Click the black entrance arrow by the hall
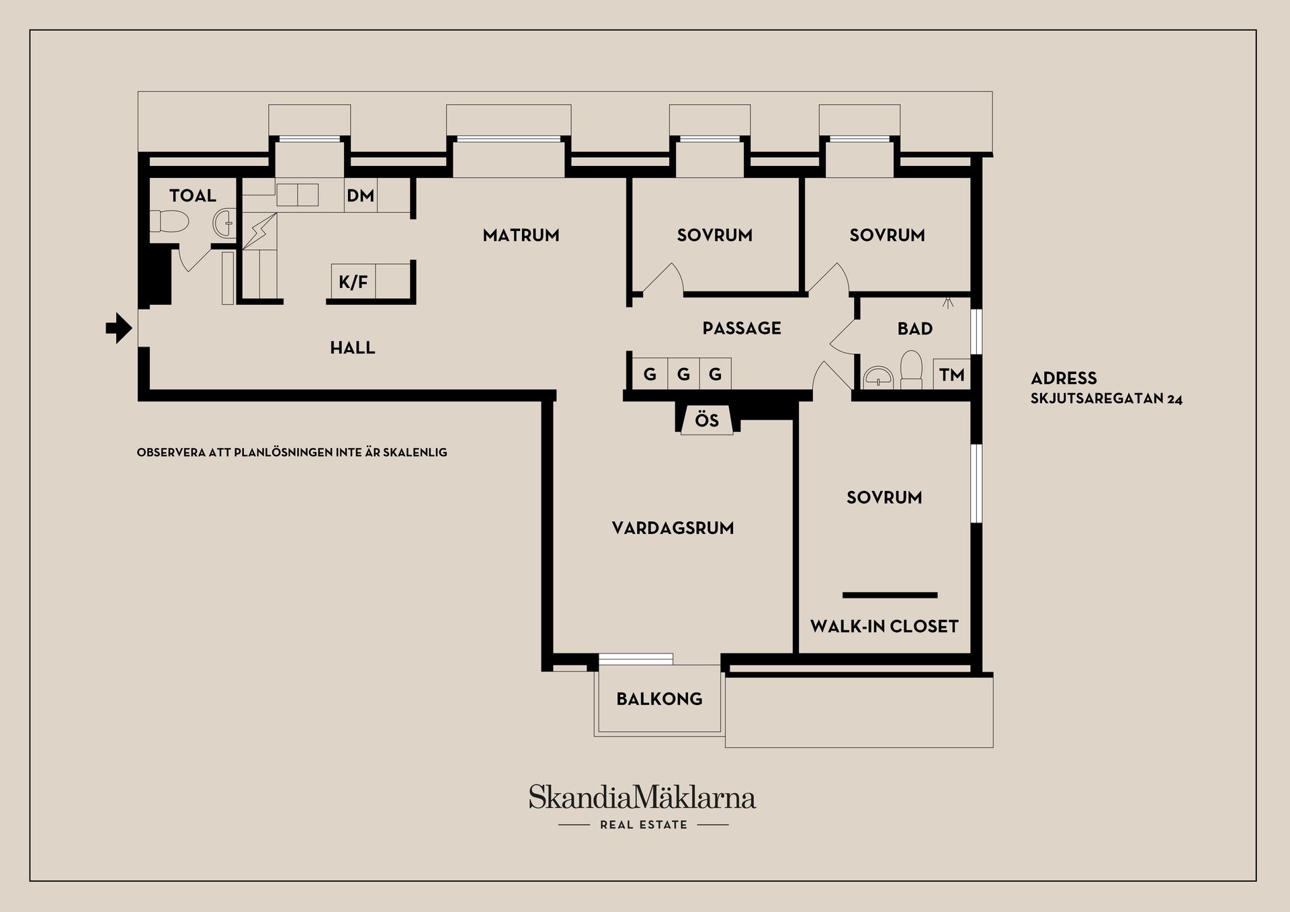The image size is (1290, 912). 119,328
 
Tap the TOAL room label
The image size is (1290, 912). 193,195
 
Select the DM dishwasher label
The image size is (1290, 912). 360,195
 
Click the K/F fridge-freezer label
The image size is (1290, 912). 353,282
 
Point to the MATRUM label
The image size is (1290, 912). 521,235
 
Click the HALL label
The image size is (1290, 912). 352,348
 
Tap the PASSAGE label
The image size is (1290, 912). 742,328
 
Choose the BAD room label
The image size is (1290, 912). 915,329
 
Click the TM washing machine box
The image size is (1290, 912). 951,375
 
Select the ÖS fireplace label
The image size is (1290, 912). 707,420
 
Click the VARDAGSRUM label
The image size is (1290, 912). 673,528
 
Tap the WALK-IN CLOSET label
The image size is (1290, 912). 884,627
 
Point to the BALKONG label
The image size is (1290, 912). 659,699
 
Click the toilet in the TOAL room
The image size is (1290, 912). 169,221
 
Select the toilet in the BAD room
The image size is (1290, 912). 912,369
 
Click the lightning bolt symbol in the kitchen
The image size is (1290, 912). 259,231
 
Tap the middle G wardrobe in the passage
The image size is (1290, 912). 683,374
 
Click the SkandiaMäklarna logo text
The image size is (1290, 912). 642,797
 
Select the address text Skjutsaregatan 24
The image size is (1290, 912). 1107,399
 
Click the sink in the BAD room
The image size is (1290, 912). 878,377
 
